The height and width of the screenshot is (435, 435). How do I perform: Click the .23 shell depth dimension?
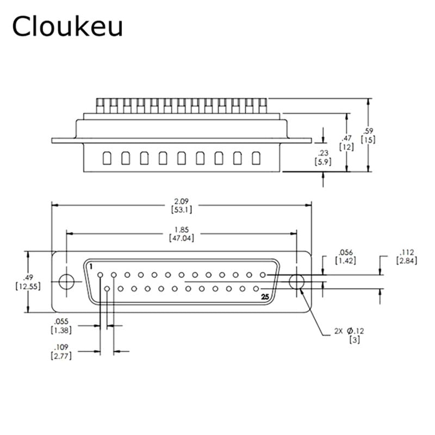point(323,153)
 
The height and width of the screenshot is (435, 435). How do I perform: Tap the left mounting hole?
point(66,282)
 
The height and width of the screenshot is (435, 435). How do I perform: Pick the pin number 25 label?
point(265,297)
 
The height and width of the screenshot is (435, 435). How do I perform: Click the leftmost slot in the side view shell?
point(107,158)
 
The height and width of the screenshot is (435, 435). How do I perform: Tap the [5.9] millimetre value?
point(323,161)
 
